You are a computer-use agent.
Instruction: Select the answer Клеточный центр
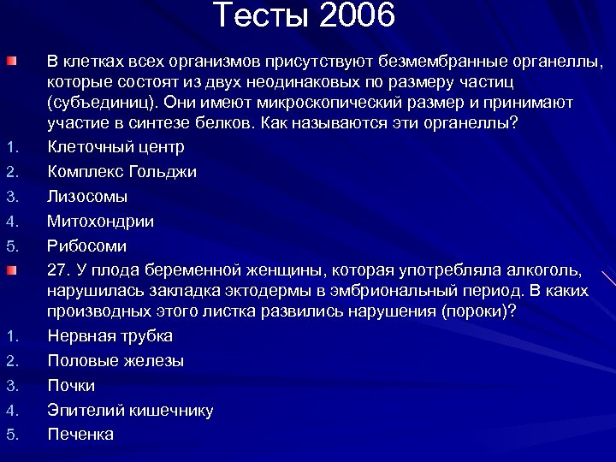pyautogui.click(x=115, y=147)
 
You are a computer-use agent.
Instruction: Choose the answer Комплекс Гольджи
pyautogui.click(x=122, y=172)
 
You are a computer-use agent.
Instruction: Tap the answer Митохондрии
pyautogui.click(x=101, y=222)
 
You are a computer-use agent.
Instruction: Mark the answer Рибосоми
pyautogui.click(x=87, y=246)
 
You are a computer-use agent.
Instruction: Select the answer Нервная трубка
pyautogui.click(x=110, y=336)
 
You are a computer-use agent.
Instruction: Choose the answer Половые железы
pyautogui.click(x=115, y=361)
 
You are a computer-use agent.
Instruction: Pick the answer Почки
pyautogui.click(x=71, y=386)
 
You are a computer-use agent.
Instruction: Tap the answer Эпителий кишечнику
pyautogui.click(x=131, y=411)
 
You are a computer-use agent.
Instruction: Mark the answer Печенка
pyautogui.click(x=80, y=435)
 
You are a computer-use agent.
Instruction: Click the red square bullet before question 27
pyautogui.click(x=9, y=271)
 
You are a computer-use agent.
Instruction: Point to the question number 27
pyautogui.click(x=57, y=271)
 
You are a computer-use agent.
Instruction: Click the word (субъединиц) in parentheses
pyautogui.click(x=102, y=103)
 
